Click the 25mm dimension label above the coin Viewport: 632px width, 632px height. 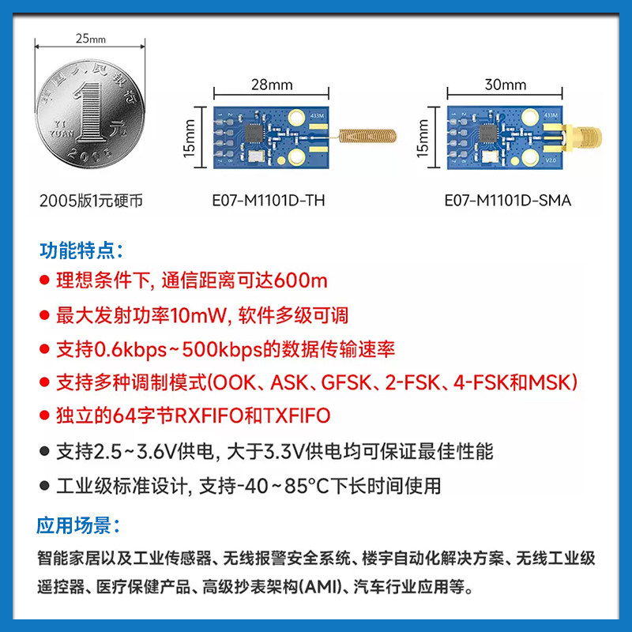[91, 39]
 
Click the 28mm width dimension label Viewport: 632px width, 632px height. [272, 85]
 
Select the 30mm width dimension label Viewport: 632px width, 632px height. [506, 85]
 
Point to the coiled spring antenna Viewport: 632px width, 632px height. [367, 136]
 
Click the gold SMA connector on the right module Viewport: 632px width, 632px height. [572, 136]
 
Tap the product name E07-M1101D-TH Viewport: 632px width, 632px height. [269, 201]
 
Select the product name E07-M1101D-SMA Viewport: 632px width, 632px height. [507, 201]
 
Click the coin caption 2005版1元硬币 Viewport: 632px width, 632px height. [91, 201]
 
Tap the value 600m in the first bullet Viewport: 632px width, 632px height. [300, 280]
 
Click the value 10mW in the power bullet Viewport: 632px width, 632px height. [198, 315]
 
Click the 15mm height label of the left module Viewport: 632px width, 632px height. [189, 137]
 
